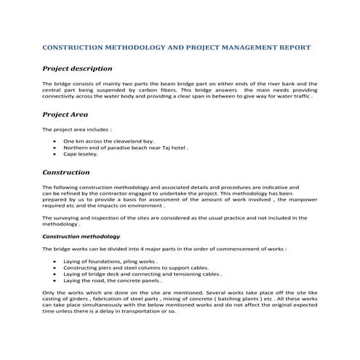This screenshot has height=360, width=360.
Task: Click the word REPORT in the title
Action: [293, 47]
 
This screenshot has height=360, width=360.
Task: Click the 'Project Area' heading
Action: [65, 114]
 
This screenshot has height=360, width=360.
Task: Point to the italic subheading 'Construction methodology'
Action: [81, 236]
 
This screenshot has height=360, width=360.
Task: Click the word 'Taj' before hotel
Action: [164, 148]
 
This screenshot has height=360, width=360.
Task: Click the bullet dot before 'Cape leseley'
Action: [57, 155]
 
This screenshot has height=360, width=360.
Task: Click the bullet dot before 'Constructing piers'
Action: [57, 267]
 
